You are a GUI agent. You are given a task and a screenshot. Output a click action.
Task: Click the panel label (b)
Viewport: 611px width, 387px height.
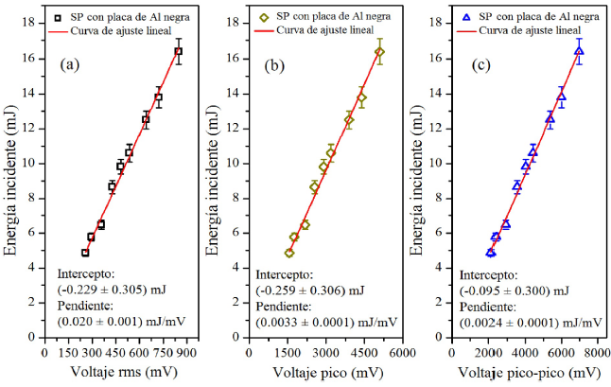tap(273, 65)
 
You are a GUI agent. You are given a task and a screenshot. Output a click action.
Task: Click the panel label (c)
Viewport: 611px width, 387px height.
tap(481, 65)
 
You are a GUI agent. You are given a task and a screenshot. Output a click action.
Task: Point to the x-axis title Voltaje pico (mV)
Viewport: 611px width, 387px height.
tap(322, 372)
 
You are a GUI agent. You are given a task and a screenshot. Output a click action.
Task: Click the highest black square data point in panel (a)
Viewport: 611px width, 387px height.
tap(179, 51)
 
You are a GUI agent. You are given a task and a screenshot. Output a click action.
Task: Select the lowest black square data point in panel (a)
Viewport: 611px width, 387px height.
tap(85, 253)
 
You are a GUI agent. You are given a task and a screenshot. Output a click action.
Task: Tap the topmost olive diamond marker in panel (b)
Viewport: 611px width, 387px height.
tap(380, 52)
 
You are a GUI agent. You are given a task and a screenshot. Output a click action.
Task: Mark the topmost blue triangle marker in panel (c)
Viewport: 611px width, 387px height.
tap(579, 51)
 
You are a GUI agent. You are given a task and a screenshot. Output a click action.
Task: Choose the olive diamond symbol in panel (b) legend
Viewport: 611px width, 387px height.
tap(267, 17)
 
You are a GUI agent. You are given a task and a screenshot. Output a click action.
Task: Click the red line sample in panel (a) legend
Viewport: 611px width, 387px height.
tap(66, 30)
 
